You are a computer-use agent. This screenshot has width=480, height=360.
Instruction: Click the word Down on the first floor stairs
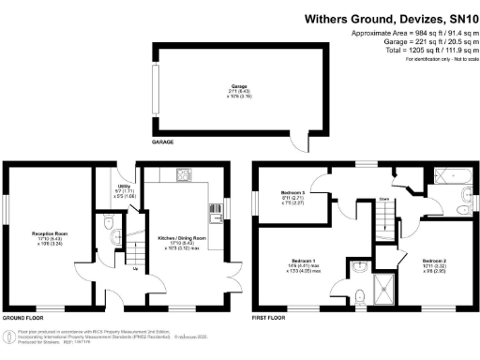[x=384, y=199]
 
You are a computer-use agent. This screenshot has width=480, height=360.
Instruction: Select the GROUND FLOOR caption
[x=23, y=319]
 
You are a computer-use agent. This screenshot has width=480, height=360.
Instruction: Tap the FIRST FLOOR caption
[x=271, y=319]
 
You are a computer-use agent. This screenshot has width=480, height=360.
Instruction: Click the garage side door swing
[x=300, y=142]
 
